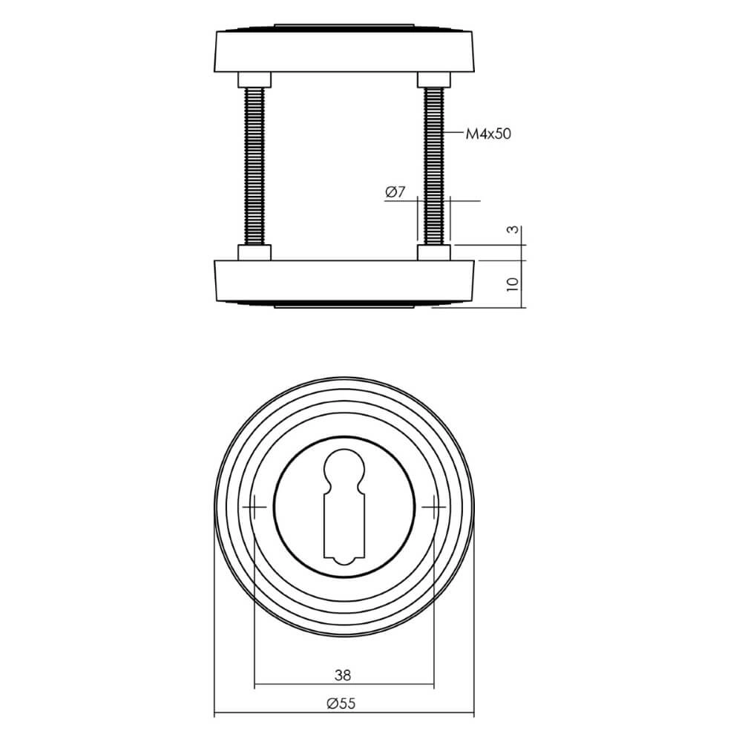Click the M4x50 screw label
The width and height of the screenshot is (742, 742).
pyautogui.click(x=488, y=134)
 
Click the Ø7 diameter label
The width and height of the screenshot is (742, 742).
pyautogui.click(x=395, y=193)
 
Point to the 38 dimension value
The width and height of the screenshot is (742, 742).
pyautogui.click(x=342, y=675)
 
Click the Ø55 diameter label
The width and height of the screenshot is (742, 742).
pyautogui.click(x=342, y=703)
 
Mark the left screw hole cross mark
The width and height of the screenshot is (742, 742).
pyautogui.click(x=255, y=508)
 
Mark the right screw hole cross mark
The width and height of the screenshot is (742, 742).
pyautogui.click(x=433, y=508)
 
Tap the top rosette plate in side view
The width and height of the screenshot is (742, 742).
pyautogui.click(x=344, y=50)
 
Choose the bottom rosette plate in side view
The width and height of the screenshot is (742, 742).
pyautogui.click(x=344, y=282)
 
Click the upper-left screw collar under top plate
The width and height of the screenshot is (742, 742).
pyautogui.click(x=255, y=79)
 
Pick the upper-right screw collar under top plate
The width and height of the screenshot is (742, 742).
pyautogui.click(x=433, y=79)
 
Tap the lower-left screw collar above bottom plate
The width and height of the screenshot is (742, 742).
pyautogui.click(x=255, y=253)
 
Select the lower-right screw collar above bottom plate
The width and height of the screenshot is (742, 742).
pyautogui.click(x=433, y=253)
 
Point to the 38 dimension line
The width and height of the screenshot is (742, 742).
pyautogui.click(x=297, y=685)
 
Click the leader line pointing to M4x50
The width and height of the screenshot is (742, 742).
pyautogui.click(x=453, y=134)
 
